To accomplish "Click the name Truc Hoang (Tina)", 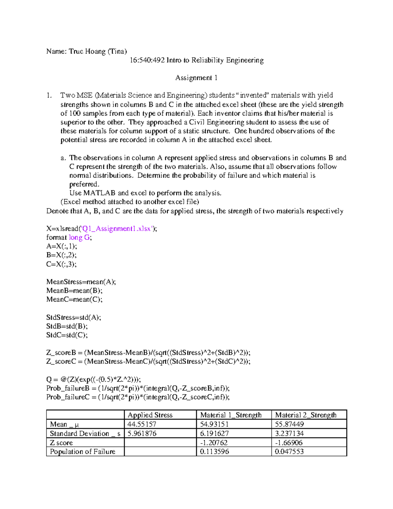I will click(98, 51).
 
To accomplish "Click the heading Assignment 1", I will click(196, 78).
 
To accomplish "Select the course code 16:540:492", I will click(147, 60).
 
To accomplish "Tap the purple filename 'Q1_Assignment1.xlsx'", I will click(117, 229).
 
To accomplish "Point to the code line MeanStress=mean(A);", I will click(81, 282).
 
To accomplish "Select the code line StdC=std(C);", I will click(67, 335).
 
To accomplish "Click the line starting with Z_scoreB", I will click(148, 353).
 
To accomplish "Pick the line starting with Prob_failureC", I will click(138, 397).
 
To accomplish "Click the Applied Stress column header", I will click(150, 415).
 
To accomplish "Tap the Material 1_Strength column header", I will click(231, 415).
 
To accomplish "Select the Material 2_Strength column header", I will click(306, 415).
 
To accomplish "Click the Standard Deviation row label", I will click(85, 434).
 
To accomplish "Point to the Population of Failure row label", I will click(83, 452).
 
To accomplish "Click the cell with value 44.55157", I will click(142, 424).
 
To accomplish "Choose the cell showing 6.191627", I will click(215, 434).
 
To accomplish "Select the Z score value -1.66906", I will click(289, 443).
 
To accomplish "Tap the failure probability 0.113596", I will click(215, 452).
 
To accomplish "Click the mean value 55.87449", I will click(290, 424).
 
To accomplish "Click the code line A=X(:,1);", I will click(62, 246).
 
